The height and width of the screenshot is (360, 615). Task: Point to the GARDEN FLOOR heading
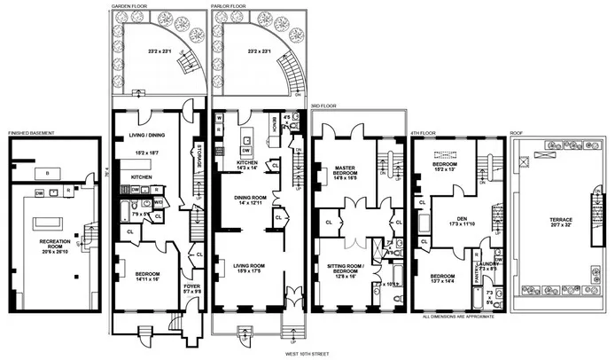[130, 4]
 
